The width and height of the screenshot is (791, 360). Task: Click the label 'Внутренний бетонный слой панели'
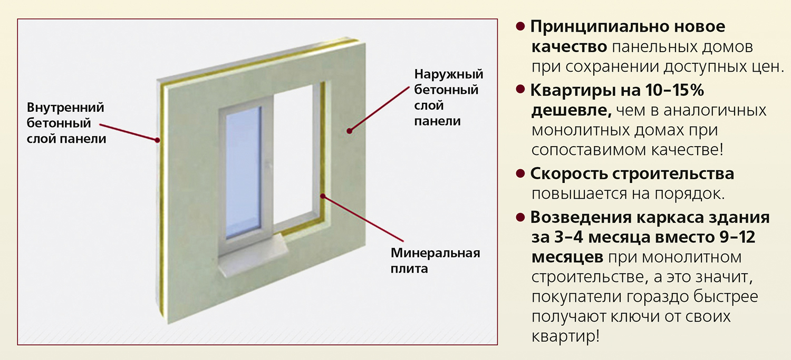point(66,123)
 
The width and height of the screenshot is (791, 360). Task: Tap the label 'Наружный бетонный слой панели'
point(448,98)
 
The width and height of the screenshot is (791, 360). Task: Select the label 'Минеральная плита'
point(435,260)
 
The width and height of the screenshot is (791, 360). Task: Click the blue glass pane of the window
point(243,174)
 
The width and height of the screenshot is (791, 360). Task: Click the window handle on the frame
point(268,166)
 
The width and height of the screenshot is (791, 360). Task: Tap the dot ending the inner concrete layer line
point(157,140)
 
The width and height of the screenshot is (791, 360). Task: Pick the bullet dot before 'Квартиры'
point(520,90)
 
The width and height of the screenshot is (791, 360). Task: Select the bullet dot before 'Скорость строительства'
point(520,173)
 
